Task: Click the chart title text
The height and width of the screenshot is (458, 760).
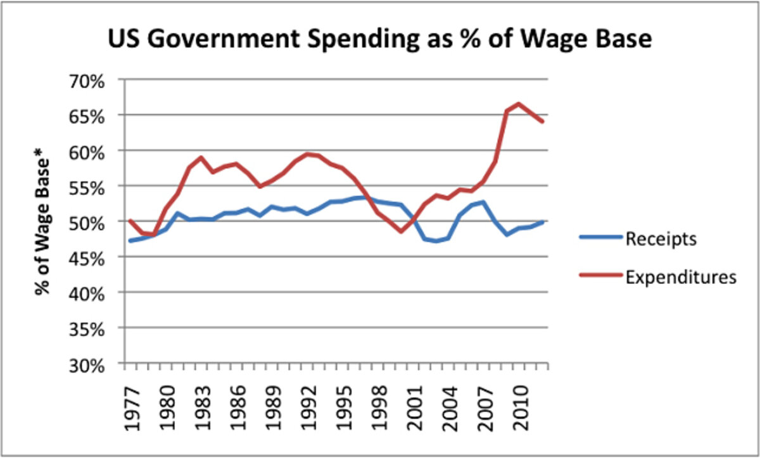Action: coord(379,40)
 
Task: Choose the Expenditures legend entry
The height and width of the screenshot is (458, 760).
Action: coord(681,276)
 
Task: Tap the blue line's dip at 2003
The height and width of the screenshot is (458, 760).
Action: coord(436,241)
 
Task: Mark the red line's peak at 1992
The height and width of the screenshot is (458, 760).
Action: coord(307,154)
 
